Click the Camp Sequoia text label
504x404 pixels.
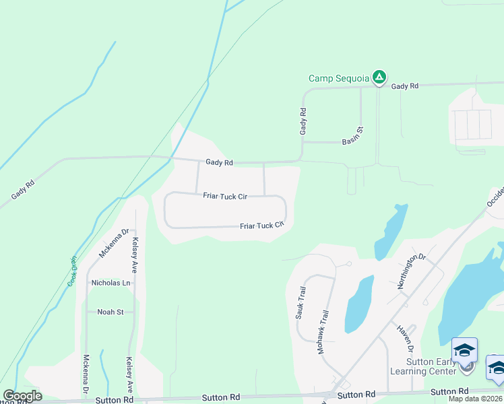[x=338, y=78]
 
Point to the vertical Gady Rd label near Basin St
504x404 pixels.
[x=304, y=121]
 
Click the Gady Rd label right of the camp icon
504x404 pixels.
[x=404, y=86]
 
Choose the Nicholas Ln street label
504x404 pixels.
[x=111, y=283]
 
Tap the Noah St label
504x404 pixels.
[x=111, y=312]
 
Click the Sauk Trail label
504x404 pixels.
[x=301, y=303]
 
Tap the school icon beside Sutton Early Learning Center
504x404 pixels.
[x=464, y=350]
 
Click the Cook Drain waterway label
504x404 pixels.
[x=72, y=271]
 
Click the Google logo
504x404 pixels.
[x=22, y=396]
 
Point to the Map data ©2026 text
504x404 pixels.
[x=476, y=399]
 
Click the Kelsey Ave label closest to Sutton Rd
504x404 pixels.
[x=128, y=375]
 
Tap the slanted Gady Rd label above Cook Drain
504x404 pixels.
[x=23, y=189]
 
